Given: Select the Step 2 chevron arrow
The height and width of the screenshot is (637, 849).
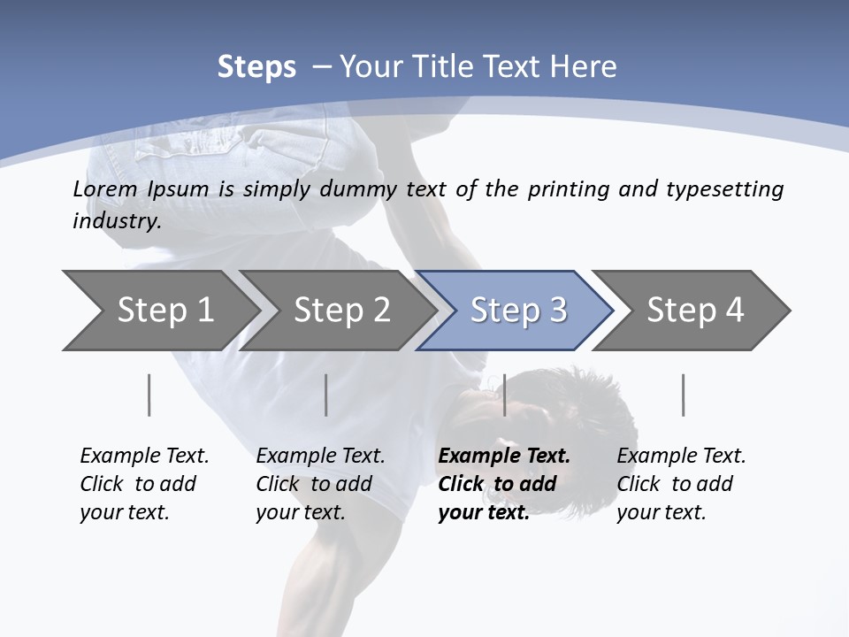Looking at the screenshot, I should pos(340,311).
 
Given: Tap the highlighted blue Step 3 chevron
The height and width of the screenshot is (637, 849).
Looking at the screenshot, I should pos(517,311).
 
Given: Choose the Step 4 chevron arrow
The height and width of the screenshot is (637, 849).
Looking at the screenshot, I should pos(694,311).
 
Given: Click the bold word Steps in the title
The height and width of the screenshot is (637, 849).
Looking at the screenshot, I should pos(256,66).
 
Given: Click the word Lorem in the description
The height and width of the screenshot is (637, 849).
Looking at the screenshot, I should pos(105,189).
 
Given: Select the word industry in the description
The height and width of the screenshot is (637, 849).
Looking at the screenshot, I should pos(116,221).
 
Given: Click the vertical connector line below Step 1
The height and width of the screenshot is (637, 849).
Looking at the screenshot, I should pos(149,395).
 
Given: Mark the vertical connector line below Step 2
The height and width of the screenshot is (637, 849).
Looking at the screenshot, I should pos(326,395).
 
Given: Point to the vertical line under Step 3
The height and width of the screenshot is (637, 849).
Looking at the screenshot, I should pos(504,395).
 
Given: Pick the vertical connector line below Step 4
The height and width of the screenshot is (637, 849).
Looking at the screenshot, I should pos(684,395).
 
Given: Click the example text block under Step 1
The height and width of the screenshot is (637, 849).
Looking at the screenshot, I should pos(144,484).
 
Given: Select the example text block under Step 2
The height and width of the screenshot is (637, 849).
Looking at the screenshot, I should pos(320,484).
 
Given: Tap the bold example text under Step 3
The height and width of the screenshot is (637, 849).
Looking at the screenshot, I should pos(503,484).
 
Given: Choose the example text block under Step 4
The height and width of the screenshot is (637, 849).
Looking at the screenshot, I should pos(681,484).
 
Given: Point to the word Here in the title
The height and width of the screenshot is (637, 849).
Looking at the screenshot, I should pos(588,66).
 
